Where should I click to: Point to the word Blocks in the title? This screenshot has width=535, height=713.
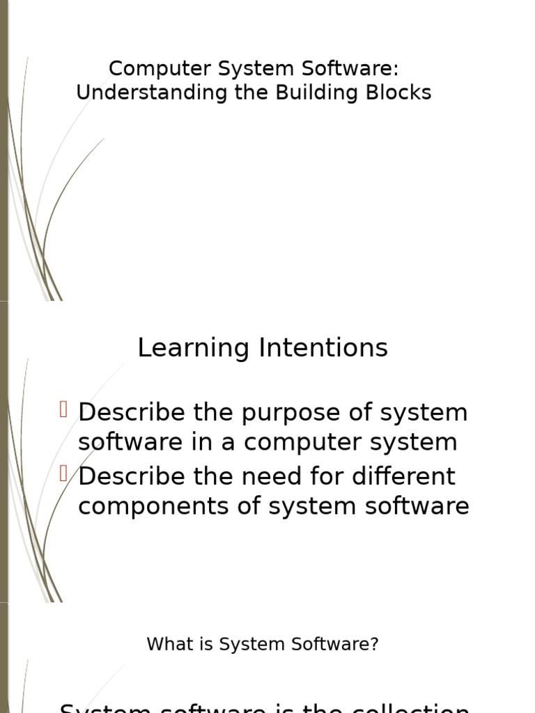[402, 93]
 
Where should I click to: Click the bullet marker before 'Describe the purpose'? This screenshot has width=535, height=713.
[64, 410]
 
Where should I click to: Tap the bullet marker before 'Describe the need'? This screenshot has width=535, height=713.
[64, 474]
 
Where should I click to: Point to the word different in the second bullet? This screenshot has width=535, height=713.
[410, 476]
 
